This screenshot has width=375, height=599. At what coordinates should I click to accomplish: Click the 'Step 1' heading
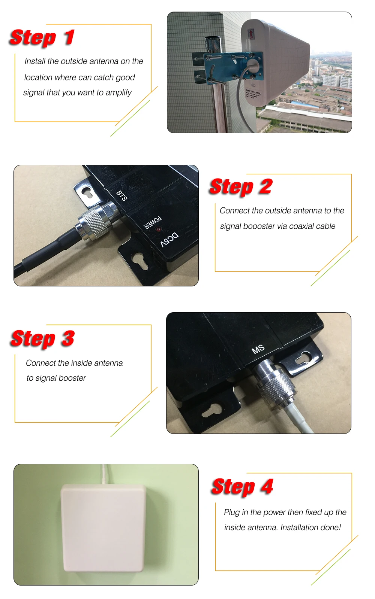42,38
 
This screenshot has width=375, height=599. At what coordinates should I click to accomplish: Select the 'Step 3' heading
43,338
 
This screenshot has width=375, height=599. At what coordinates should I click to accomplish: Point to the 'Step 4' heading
242,487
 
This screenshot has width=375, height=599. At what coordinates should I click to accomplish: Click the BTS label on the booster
121,195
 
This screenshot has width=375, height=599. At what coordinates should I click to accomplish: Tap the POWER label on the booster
153,222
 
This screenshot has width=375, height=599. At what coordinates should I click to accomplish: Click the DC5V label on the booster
169,240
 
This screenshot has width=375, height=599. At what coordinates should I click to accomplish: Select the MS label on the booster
258,349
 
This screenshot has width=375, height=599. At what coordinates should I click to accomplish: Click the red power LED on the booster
158,228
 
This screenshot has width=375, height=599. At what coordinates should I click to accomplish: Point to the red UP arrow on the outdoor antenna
251,34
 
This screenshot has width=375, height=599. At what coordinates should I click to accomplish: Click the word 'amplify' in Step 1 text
118,92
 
